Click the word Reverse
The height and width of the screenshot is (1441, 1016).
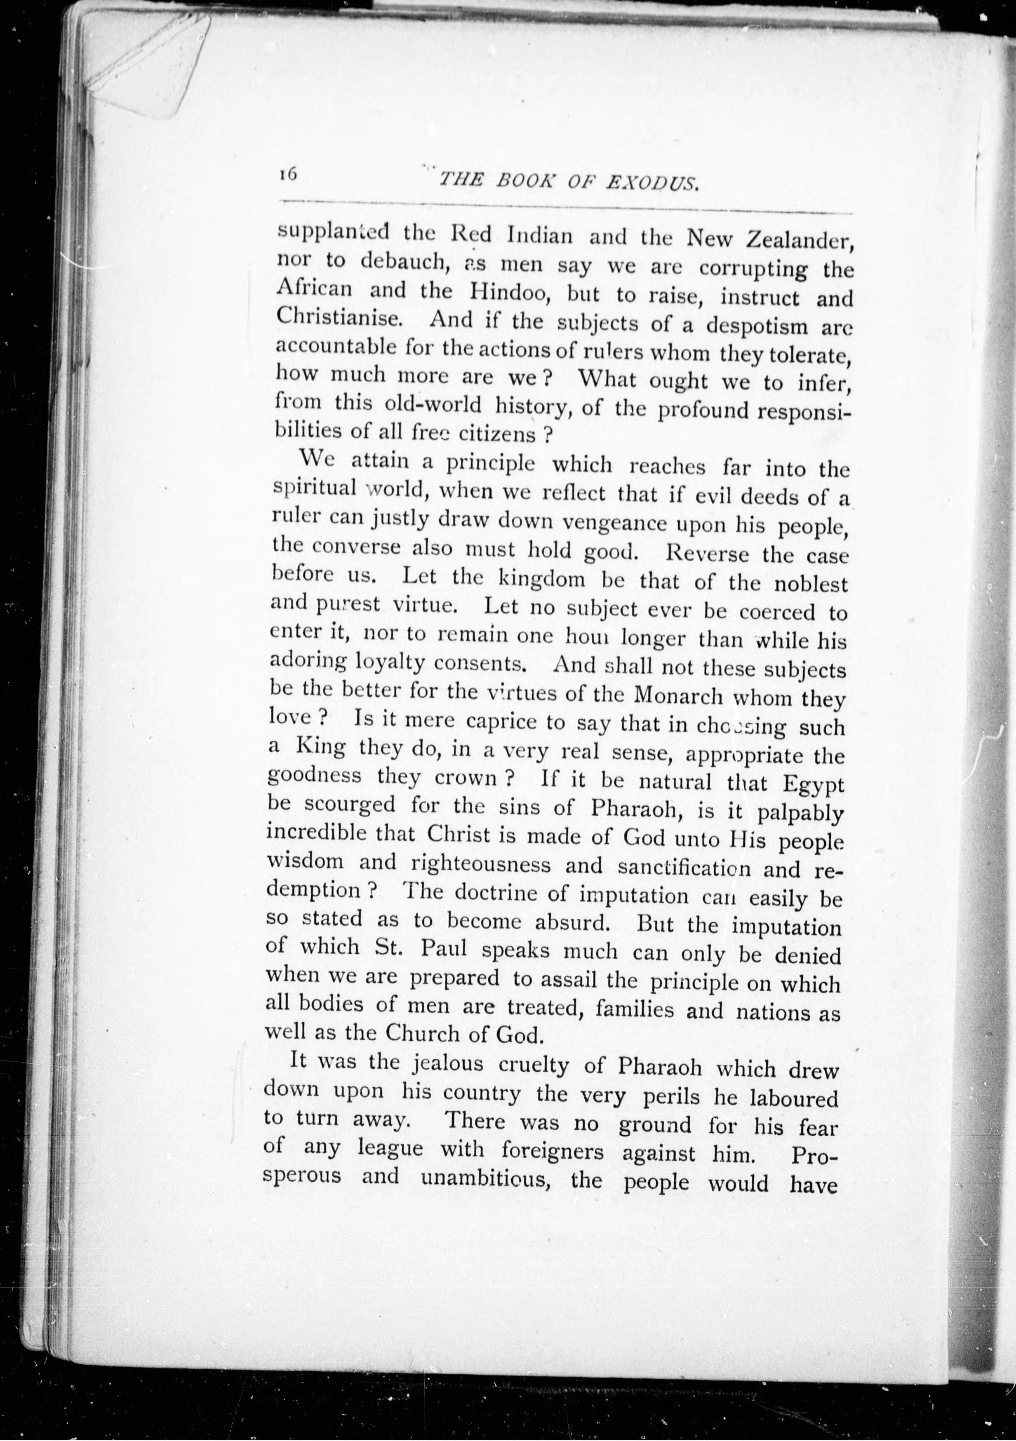click(707, 554)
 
